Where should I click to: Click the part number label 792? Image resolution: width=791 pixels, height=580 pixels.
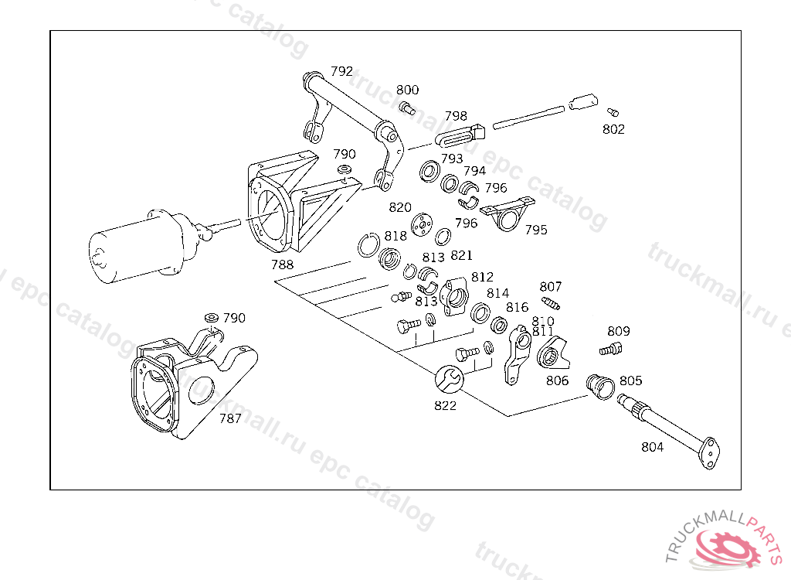pos(341,71)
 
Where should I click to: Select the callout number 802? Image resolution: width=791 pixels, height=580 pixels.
pos(613,129)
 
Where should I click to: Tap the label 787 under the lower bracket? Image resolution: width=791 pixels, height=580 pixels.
pos(230,418)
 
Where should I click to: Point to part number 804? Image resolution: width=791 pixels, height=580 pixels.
pos(652,447)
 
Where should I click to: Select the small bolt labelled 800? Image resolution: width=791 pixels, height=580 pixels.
pos(407,108)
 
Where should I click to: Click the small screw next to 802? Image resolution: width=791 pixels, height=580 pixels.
pos(613,111)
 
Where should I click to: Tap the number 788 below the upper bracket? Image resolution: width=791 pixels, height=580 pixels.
pos(282,264)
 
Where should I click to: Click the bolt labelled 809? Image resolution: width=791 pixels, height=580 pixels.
pos(610,350)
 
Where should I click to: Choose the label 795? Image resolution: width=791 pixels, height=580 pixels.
pos(536,230)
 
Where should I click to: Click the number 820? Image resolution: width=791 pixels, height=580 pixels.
pos(400,207)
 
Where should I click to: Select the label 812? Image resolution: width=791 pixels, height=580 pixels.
pos(482,277)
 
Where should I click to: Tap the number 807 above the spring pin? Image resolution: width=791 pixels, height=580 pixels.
pos(551,287)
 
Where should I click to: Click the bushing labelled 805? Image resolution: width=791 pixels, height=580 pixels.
pos(599,383)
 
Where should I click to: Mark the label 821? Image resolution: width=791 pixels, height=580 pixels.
pos(461,255)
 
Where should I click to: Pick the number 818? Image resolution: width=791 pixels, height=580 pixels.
pos(395,236)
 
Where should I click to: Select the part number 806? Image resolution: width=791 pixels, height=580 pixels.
pos(557,380)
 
